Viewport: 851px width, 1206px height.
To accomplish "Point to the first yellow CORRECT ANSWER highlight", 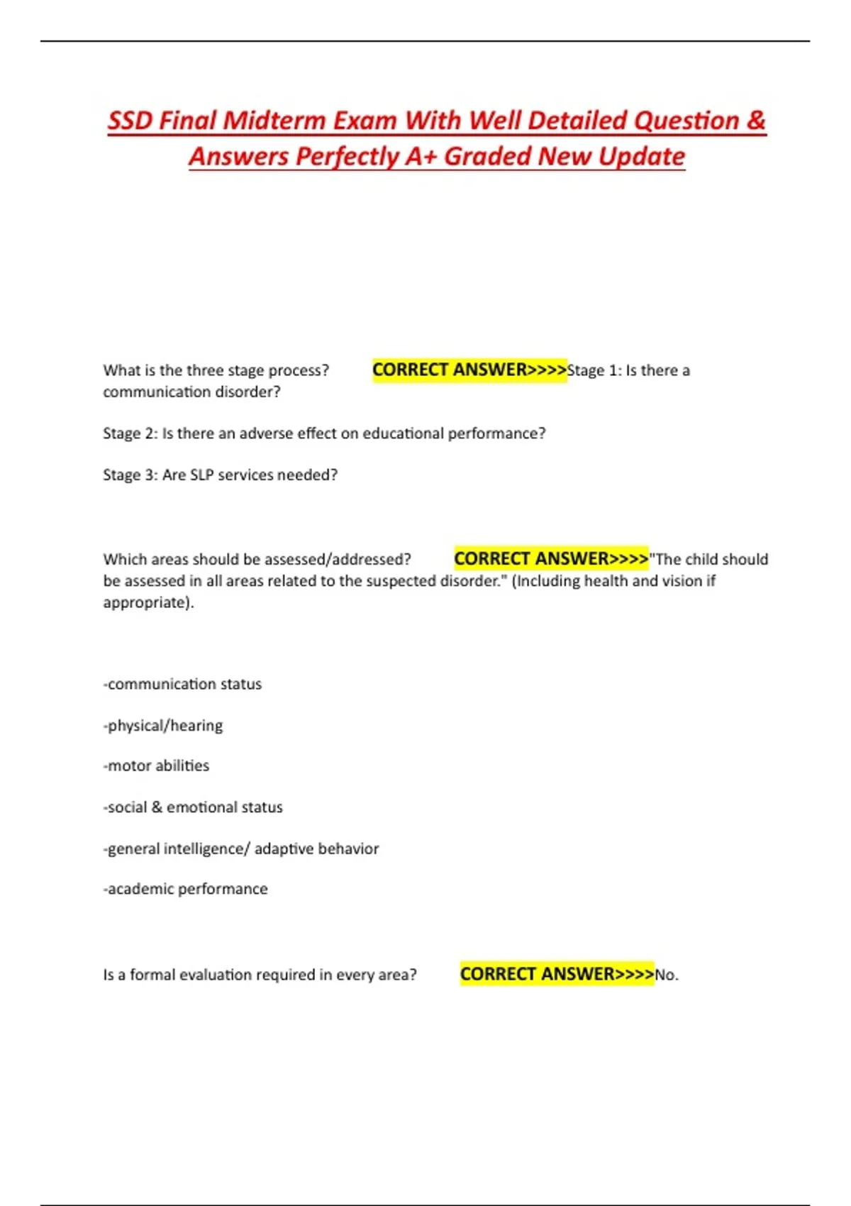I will pyautogui.click(x=469, y=370).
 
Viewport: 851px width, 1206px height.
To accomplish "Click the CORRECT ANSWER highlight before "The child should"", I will pyautogui.click(x=551, y=559).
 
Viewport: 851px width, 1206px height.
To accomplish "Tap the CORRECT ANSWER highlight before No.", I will pyautogui.click(x=557, y=974).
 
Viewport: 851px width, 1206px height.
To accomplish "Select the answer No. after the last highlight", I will pyautogui.click(x=667, y=975).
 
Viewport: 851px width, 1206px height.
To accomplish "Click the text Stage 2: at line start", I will pyautogui.click(x=130, y=433).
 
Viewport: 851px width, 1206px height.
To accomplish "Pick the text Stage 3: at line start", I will pyautogui.click(x=130, y=475).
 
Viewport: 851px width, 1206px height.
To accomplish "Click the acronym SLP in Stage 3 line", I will pyautogui.click(x=201, y=475).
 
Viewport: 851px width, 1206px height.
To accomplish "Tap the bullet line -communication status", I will pyautogui.click(x=183, y=684).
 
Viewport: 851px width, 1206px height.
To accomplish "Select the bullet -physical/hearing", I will pyautogui.click(x=163, y=725).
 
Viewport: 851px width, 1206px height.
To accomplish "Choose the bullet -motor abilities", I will pyautogui.click(x=157, y=765).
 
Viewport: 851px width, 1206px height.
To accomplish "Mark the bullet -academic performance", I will pyautogui.click(x=186, y=889).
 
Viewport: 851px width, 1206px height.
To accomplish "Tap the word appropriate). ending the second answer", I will pyautogui.click(x=148, y=602).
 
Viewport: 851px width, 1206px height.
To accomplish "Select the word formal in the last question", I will pyautogui.click(x=152, y=975).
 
